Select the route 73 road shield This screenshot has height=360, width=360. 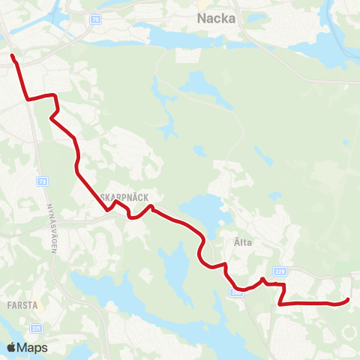pyautogui.click(x=42, y=182)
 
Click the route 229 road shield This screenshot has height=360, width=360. pyautogui.click(x=280, y=271)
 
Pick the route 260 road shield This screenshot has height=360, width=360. pyautogui.click(x=237, y=292)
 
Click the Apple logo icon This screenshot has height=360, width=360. pyautogui.click(x=12, y=347)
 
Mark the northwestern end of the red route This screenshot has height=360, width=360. pyautogui.click(x=12, y=55)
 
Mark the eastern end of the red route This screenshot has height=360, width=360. pyautogui.click(x=348, y=301)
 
